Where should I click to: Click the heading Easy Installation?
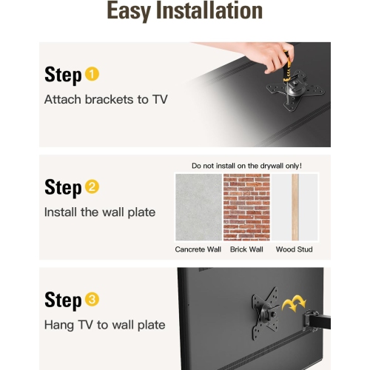(x=185, y=12)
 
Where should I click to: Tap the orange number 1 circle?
(x=92, y=74)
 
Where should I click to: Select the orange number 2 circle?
(x=92, y=187)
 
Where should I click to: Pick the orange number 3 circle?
(x=92, y=300)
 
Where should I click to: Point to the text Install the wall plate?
(x=100, y=212)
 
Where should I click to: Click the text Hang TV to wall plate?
(x=104, y=325)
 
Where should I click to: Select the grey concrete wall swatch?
(x=198, y=207)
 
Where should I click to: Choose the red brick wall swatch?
(x=246, y=207)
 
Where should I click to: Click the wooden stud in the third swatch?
(x=295, y=207)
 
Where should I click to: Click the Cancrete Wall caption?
(x=198, y=249)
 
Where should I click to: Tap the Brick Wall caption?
(x=246, y=249)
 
